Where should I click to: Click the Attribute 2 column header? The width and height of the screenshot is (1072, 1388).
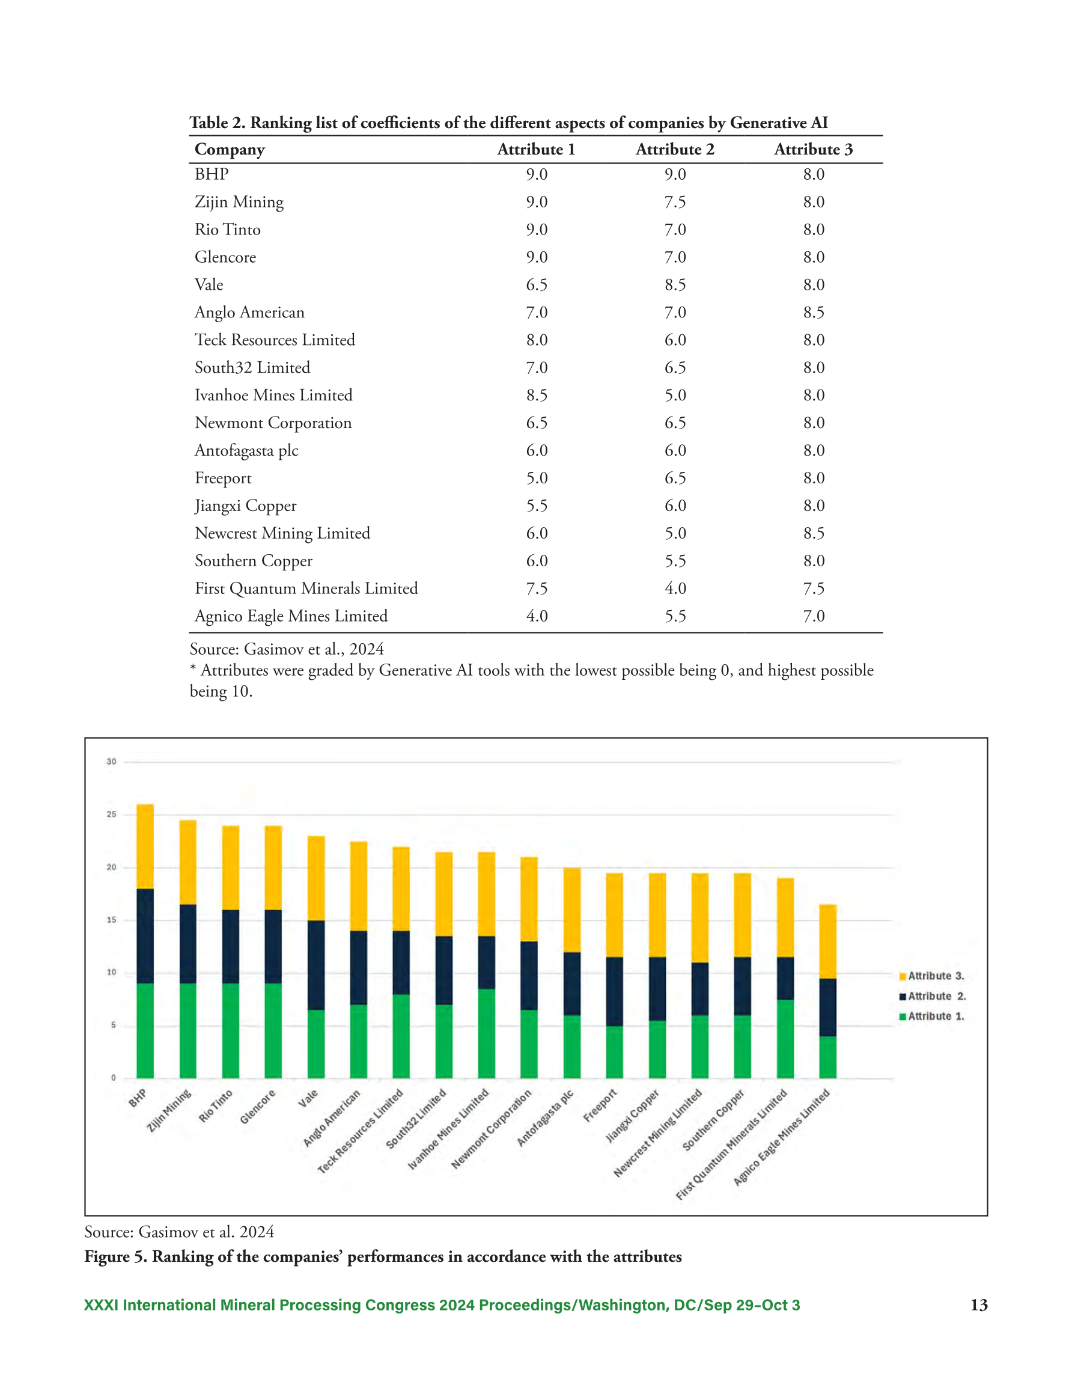click(675, 149)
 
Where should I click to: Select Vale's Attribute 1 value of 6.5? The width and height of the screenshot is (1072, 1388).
click(537, 285)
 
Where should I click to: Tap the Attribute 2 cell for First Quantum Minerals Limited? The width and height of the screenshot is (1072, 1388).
click(675, 589)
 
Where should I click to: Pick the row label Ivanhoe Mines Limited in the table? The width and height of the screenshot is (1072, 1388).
click(273, 396)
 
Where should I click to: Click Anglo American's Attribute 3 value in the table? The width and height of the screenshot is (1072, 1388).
click(814, 312)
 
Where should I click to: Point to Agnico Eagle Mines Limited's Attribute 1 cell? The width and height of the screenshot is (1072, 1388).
click(537, 616)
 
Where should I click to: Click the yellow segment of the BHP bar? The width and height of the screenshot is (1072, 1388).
click(145, 846)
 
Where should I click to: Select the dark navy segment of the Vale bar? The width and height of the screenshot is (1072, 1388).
click(316, 965)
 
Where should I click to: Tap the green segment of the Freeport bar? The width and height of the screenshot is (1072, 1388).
click(615, 1052)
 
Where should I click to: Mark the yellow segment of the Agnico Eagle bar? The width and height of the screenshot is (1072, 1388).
click(827, 941)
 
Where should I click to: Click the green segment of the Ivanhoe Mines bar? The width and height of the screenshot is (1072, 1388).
click(486, 1033)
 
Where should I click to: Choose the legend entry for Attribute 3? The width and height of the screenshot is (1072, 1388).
click(931, 976)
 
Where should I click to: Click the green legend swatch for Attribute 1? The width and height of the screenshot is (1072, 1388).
click(903, 1017)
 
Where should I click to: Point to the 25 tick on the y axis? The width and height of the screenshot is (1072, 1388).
click(111, 814)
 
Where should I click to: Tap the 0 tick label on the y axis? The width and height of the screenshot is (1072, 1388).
click(114, 1078)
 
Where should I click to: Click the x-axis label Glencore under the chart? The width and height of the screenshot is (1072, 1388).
click(258, 1107)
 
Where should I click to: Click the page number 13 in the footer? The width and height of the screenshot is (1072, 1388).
click(979, 1305)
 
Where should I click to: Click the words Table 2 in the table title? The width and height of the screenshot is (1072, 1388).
click(217, 123)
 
